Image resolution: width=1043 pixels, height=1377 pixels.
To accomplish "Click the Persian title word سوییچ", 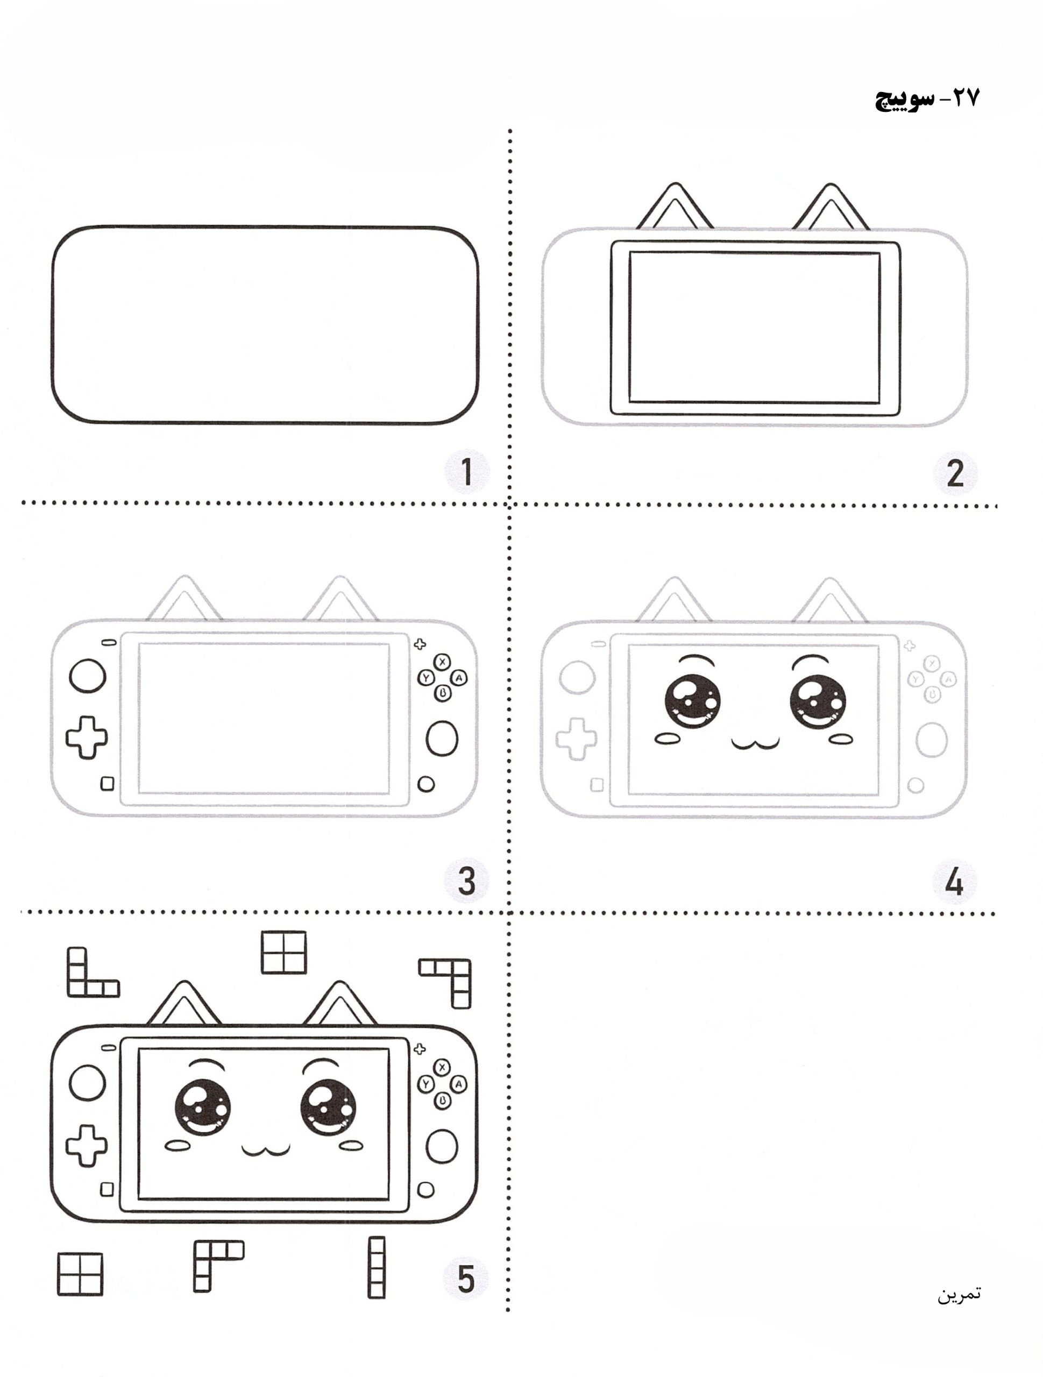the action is (x=904, y=99).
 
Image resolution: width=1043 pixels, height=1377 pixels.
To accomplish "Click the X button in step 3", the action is (x=442, y=662).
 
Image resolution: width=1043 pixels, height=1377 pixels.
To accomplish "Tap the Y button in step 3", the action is (x=426, y=677).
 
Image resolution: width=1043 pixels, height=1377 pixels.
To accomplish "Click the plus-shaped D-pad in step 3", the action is (x=87, y=737).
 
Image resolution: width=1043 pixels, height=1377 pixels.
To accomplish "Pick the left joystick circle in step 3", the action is (x=88, y=676).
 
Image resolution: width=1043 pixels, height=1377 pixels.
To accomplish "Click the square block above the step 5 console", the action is (x=284, y=953).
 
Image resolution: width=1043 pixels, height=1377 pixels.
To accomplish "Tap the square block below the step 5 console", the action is (x=80, y=1274).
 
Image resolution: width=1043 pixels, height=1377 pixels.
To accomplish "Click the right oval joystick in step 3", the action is (x=442, y=740).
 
